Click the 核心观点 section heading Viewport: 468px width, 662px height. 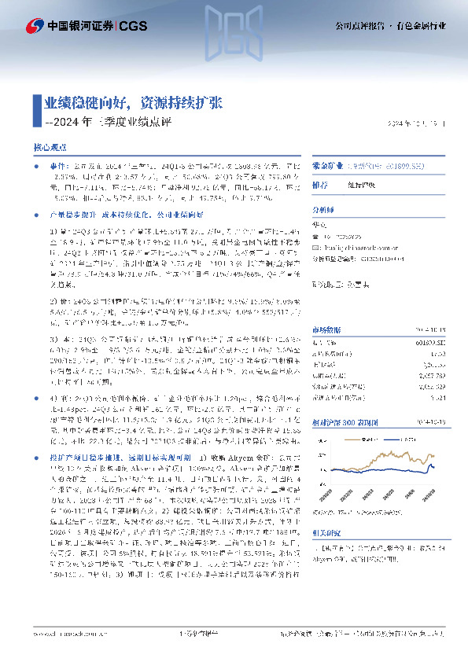click(50, 148)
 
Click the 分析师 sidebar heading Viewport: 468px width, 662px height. click(323, 210)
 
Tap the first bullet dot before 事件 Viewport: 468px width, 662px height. click(36, 168)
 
